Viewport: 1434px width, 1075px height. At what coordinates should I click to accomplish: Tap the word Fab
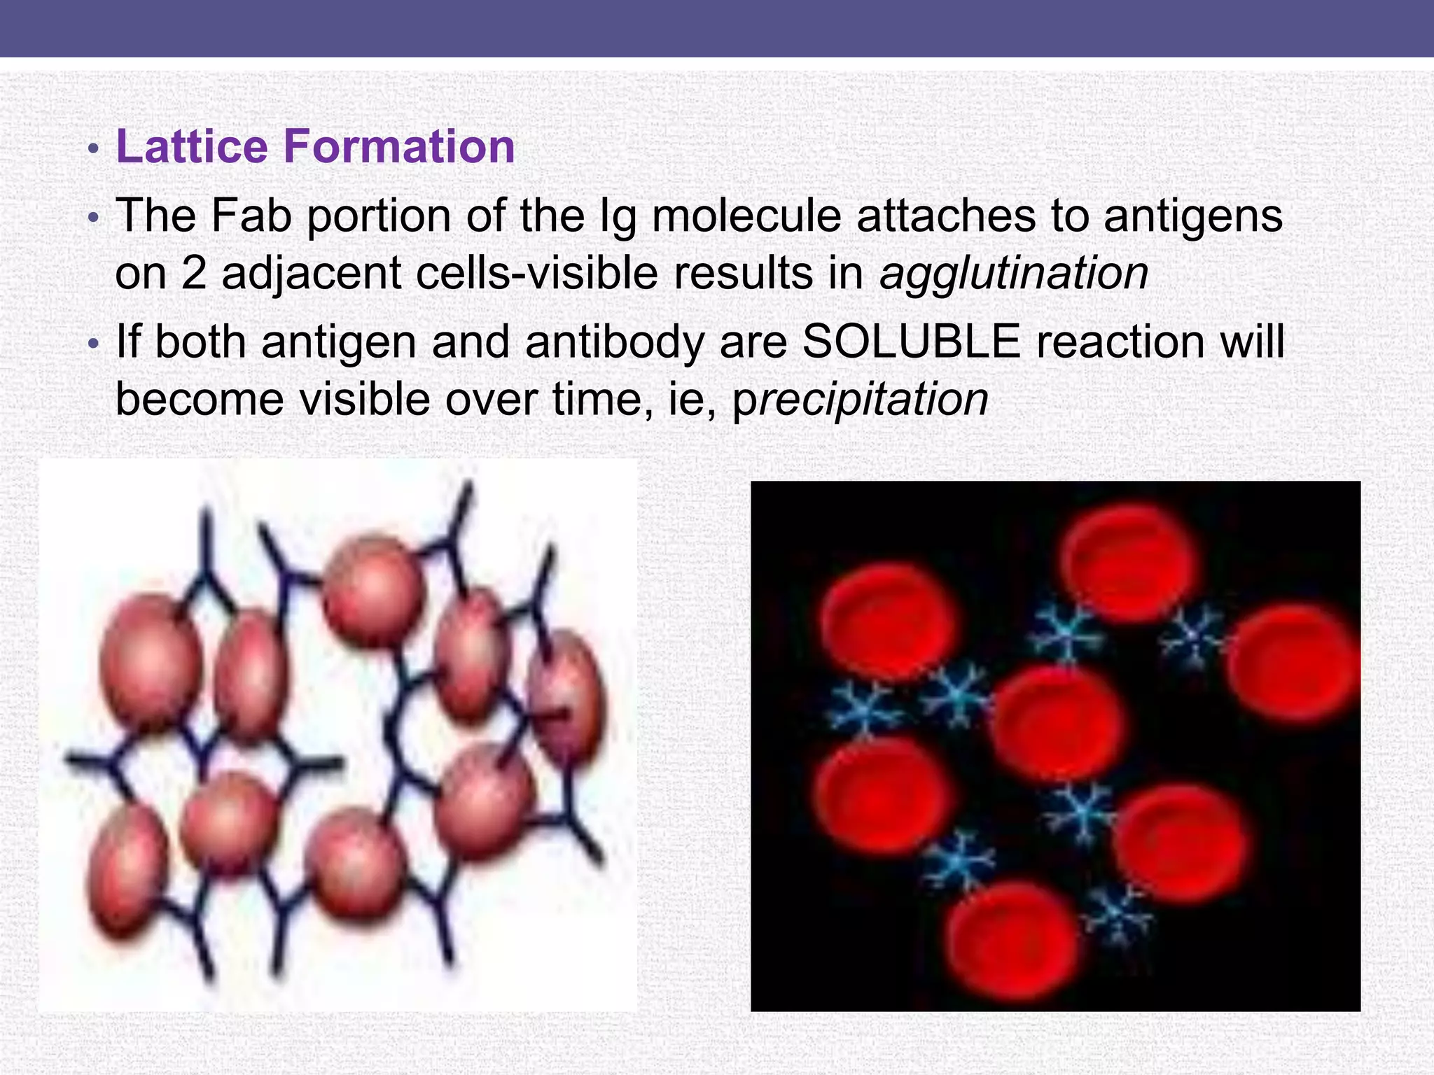coord(251,216)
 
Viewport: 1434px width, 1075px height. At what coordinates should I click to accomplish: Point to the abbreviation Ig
coord(618,217)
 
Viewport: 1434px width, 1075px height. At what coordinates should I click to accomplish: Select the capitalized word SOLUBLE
coord(911,342)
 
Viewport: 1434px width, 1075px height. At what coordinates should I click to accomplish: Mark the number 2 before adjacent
coord(195,273)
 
